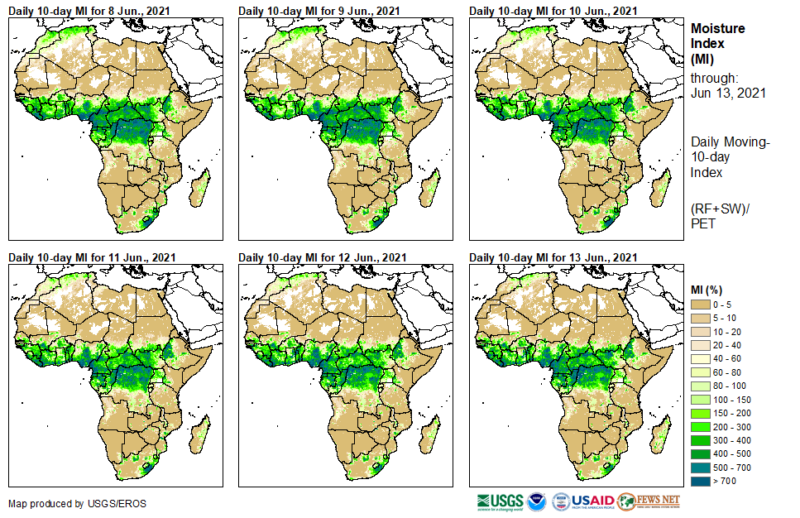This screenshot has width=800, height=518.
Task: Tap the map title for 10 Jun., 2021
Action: coord(553,11)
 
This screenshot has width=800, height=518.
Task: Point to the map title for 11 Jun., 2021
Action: coord(91,257)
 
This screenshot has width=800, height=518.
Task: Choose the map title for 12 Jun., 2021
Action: coord(322,257)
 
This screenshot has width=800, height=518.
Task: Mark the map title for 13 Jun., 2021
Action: coord(553,257)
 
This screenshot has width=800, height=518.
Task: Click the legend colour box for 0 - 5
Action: coord(701,305)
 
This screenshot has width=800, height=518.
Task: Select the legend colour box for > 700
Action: coord(701,481)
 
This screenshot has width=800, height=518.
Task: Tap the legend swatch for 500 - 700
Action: coord(701,468)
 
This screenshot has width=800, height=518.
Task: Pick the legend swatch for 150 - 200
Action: coord(701,413)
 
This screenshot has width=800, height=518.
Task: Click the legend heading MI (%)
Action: coord(708,290)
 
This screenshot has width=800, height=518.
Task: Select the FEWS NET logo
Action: coord(649,501)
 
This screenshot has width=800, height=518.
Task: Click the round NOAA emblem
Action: coord(537,501)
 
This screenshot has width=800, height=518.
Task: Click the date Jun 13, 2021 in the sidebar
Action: coord(728,94)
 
